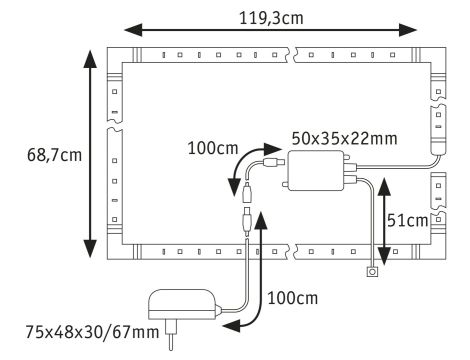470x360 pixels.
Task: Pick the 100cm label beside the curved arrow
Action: (212, 149)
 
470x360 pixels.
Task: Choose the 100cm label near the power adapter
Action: (294, 298)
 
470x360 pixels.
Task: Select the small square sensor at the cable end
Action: (373, 271)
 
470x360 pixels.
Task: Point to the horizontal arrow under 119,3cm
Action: (270, 31)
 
